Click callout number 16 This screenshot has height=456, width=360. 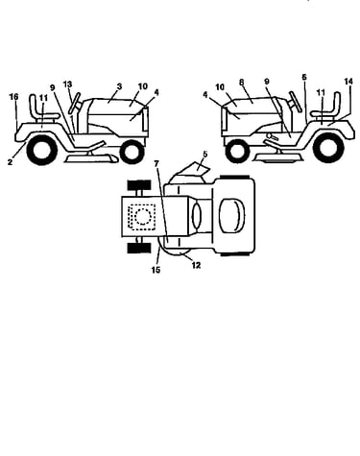13,97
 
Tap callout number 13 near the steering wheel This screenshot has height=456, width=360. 67,84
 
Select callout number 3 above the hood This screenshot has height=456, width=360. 119,86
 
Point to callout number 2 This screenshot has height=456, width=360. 10,162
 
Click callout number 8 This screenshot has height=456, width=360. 242,83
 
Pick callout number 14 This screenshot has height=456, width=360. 348,82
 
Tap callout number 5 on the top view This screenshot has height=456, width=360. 205,154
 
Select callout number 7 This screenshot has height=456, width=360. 156,164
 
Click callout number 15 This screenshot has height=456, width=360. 156,270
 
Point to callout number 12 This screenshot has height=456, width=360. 196,265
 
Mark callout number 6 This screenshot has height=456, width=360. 304,77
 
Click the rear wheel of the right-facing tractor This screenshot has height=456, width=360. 42,150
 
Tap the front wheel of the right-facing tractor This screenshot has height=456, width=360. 132,152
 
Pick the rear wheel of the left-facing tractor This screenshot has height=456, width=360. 328,148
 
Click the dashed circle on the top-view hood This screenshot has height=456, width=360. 143,217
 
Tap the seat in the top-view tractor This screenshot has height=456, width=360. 231,215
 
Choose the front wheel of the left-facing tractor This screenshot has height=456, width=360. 237,151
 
